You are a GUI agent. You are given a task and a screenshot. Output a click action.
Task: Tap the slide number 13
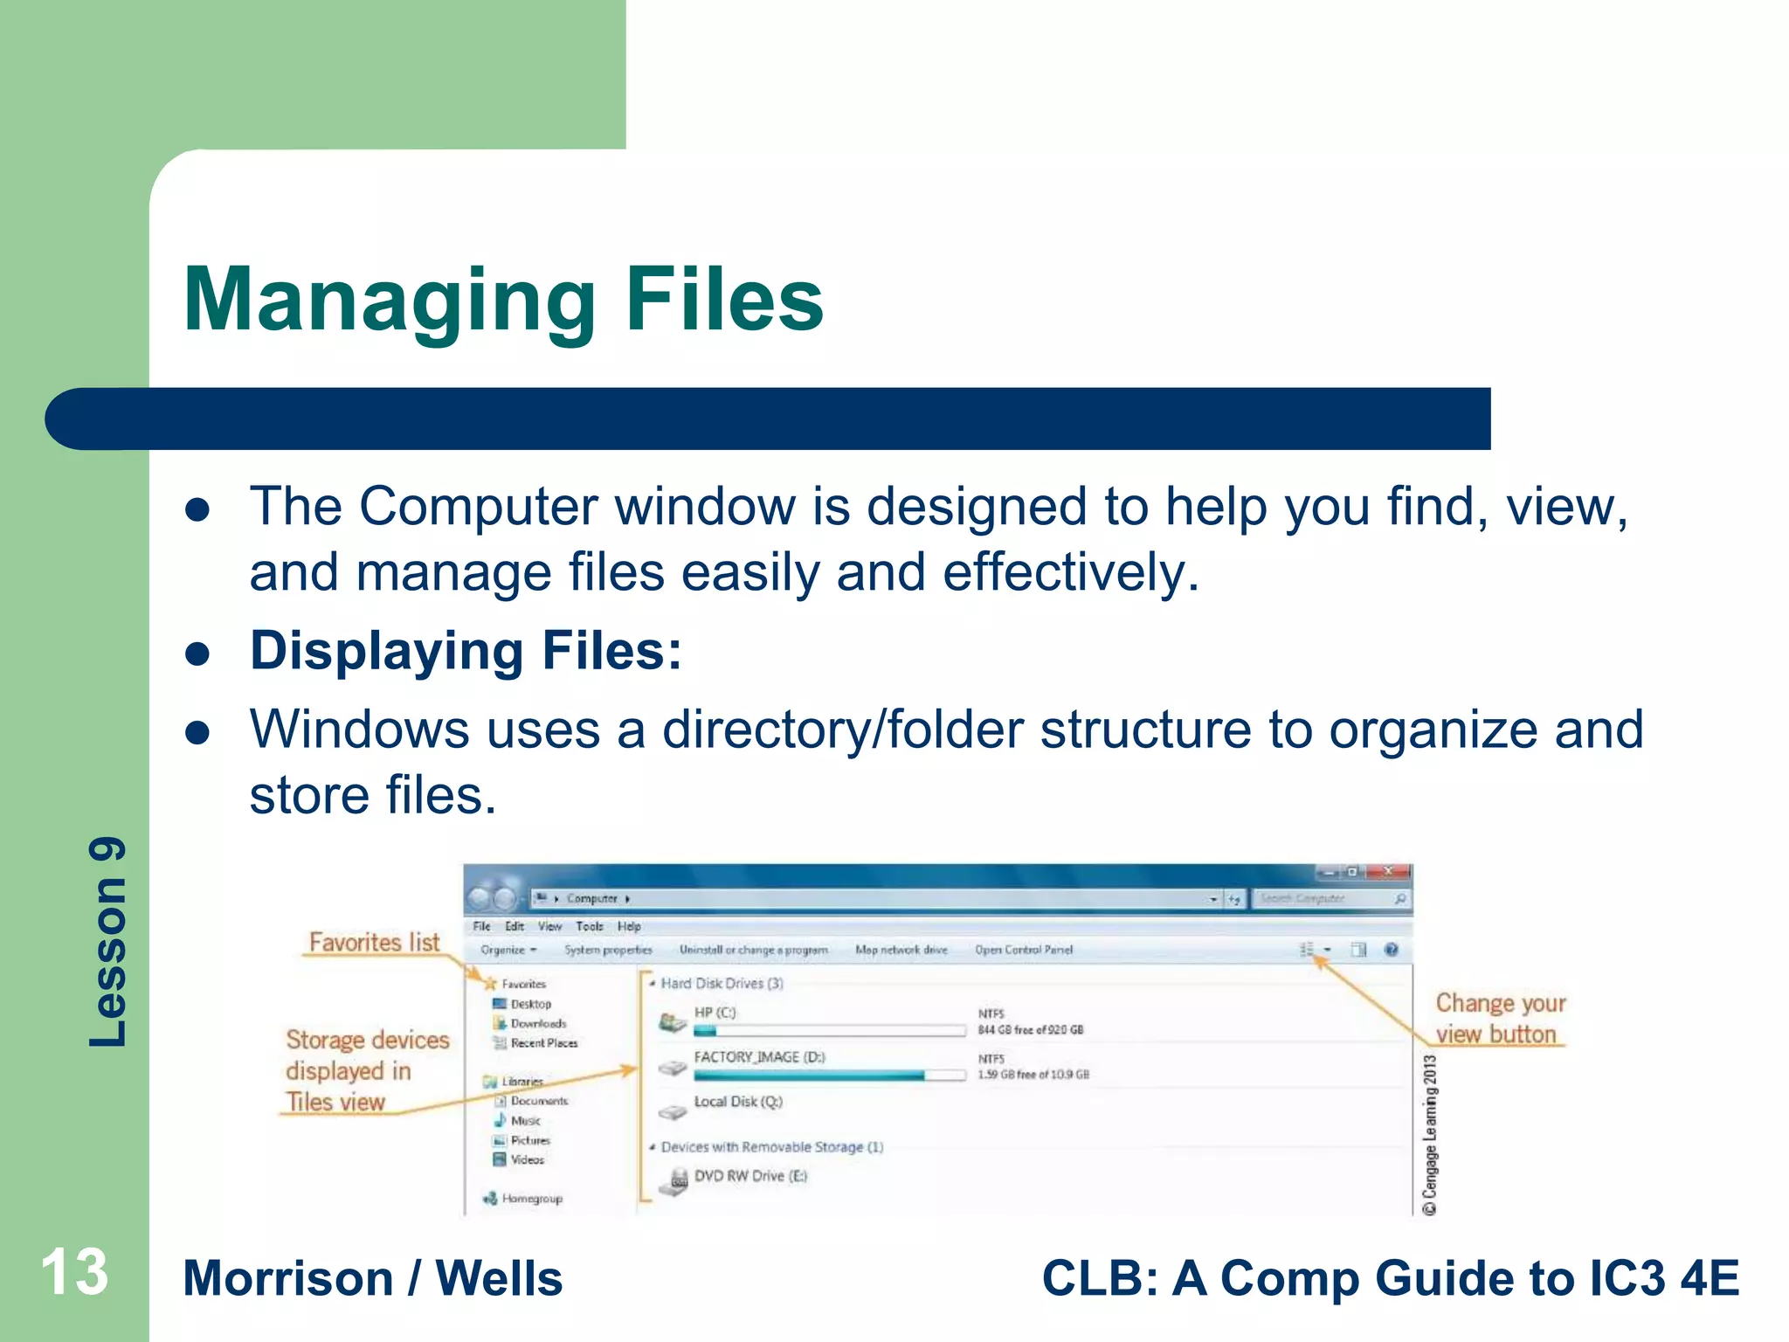[75, 1272]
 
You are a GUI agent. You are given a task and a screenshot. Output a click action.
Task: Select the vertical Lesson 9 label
[108, 942]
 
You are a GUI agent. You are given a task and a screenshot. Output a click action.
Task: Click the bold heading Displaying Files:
[466, 651]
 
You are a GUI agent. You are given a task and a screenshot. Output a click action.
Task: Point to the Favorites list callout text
[374, 942]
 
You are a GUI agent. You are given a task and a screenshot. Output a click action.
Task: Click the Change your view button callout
[1499, 1019]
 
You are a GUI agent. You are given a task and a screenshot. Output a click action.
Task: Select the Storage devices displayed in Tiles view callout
[366, 1070]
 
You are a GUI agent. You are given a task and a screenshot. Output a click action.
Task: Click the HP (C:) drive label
[715, 1013]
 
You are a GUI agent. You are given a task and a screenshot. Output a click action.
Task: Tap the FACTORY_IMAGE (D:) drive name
[758, 1057]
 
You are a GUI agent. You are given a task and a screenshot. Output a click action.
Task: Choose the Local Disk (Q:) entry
[737, 1102]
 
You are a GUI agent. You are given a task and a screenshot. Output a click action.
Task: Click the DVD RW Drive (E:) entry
[749, 1176]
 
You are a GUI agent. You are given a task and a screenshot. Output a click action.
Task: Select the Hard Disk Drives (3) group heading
[722, 983]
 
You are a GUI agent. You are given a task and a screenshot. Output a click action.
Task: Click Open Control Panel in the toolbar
[1023, 950]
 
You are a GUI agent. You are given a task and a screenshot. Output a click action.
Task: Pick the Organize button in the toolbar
[508, 950]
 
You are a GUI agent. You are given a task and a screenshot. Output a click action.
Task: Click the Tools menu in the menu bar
[589, 926]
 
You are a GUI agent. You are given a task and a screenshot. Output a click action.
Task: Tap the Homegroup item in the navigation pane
[531, 1199]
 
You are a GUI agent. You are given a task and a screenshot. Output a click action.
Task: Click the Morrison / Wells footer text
[373, 1278]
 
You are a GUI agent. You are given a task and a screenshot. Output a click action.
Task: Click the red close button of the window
[1388, 872]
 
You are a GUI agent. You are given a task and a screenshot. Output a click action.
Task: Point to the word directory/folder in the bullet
[842, 730]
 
